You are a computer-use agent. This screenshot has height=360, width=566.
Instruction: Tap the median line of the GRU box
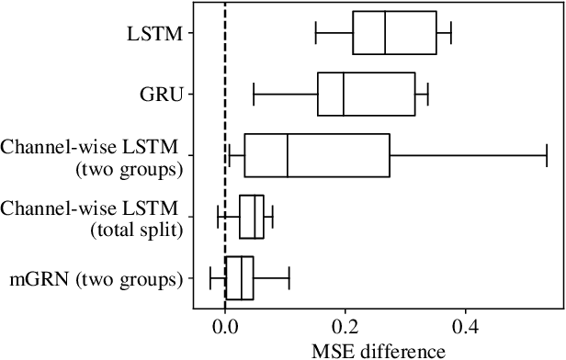[x=344, y=94]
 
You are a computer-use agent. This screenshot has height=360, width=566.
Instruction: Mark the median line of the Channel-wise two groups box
[x=288, y=155]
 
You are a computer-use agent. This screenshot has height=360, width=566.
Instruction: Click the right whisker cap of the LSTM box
[x=450, y=34]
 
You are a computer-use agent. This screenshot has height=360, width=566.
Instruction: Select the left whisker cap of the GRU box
[x=254, y=94]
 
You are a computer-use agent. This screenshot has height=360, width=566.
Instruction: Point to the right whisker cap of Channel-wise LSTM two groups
[x=547, y=155]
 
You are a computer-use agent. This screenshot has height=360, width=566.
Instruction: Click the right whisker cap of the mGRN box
[x=289, y=277]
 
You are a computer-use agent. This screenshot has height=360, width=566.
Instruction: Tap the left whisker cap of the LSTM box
[x=316, y=34]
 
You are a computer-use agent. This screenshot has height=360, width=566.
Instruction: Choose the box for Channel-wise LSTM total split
[x=252, y=217]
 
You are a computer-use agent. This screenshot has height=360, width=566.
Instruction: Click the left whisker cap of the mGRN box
[x=210, y=277]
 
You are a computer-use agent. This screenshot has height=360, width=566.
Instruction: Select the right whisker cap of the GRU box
[x=428, y=94]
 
